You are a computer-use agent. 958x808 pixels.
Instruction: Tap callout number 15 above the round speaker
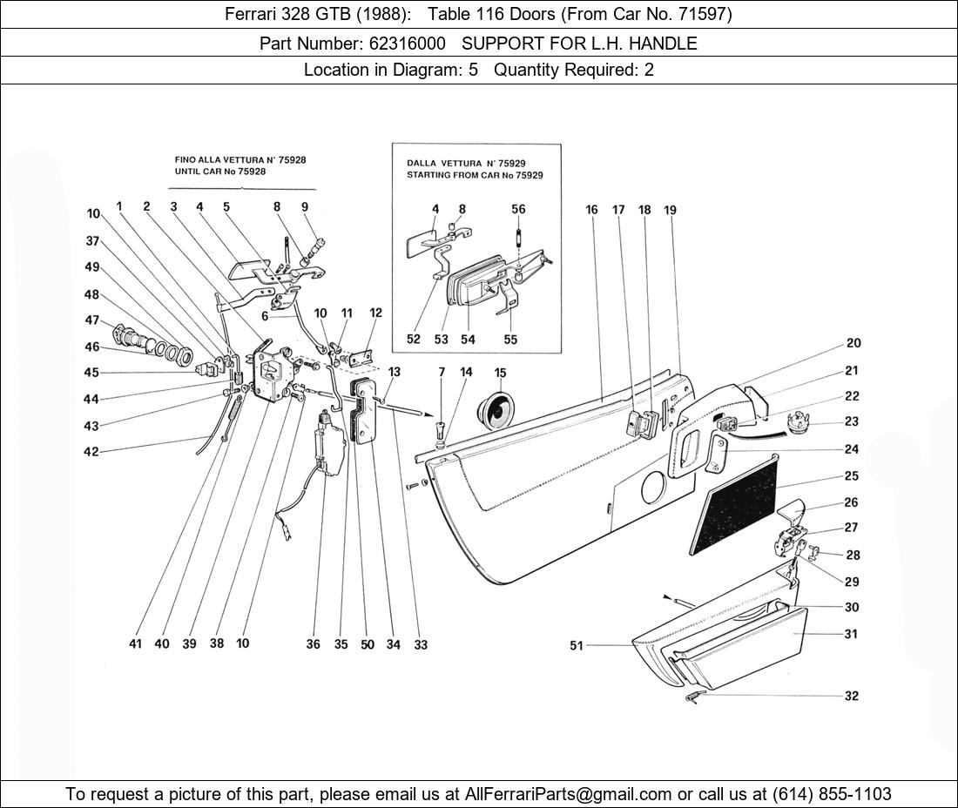[x=500, y=373]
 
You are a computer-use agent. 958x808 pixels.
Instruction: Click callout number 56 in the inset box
[x=518, y=209]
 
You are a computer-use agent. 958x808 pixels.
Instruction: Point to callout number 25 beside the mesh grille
[x=851, y=476]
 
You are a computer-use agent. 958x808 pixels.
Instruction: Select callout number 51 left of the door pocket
[x=576, y=645]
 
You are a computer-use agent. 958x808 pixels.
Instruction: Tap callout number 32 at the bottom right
[x=851, y=696]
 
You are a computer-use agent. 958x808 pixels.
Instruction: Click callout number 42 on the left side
[x=91, y=452]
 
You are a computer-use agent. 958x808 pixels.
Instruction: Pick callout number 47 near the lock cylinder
[x=91, y=320]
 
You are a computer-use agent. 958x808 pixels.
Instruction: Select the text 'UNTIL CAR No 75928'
[x=220, y=172]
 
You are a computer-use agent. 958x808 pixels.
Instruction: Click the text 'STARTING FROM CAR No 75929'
[x=475, y=175]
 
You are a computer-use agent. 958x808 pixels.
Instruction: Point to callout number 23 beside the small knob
[x=851, y=421]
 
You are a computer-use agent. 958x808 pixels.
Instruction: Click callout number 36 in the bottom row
[x=313, y=644]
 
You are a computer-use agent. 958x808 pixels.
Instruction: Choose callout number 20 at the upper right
[x=853, y=343]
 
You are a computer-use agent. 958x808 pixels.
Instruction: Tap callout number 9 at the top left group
[x=305, y=207]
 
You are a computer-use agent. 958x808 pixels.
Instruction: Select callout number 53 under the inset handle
[x=442, y=340]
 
